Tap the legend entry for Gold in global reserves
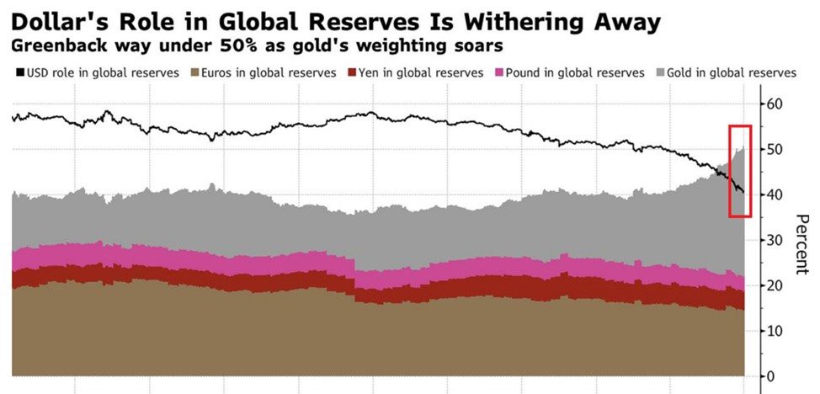coord(724,73)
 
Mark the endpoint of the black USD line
coord(743,192)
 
